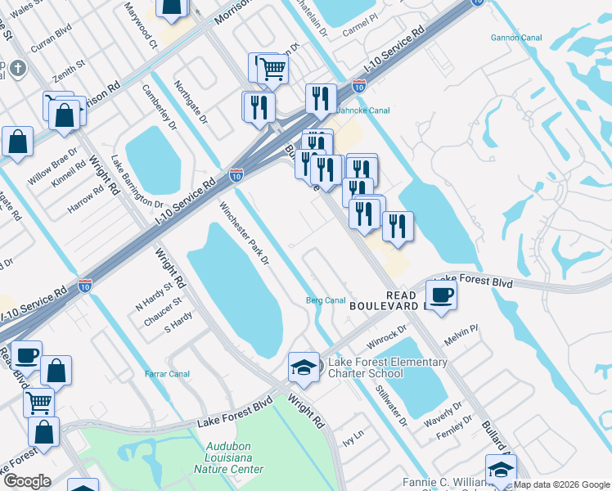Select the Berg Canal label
coord(326,300)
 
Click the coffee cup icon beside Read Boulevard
coord(441,295)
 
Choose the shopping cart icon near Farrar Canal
coord(38,403)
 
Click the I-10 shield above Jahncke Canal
coord(358,85)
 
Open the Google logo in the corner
coord(28,481)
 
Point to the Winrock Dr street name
coord(387,335)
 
